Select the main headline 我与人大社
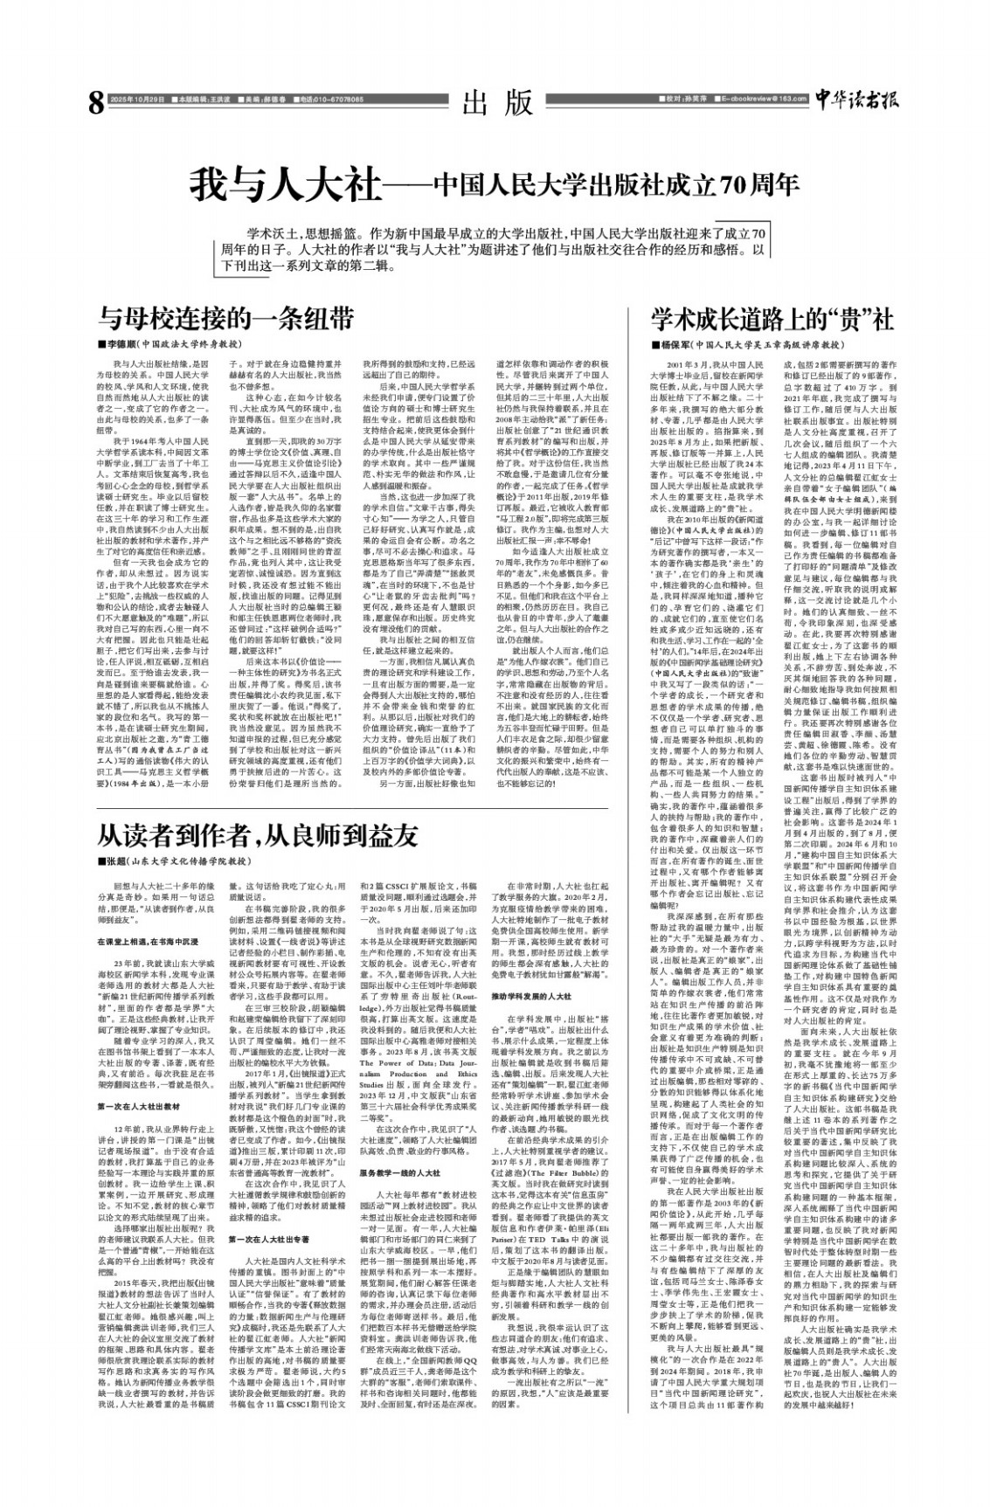(x=287, y=185)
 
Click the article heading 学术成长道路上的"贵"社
(x=772, y=315)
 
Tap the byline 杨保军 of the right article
(x=669, y=345)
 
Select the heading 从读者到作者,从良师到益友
(x=257, y=835)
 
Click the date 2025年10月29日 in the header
(x=138, y=100)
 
